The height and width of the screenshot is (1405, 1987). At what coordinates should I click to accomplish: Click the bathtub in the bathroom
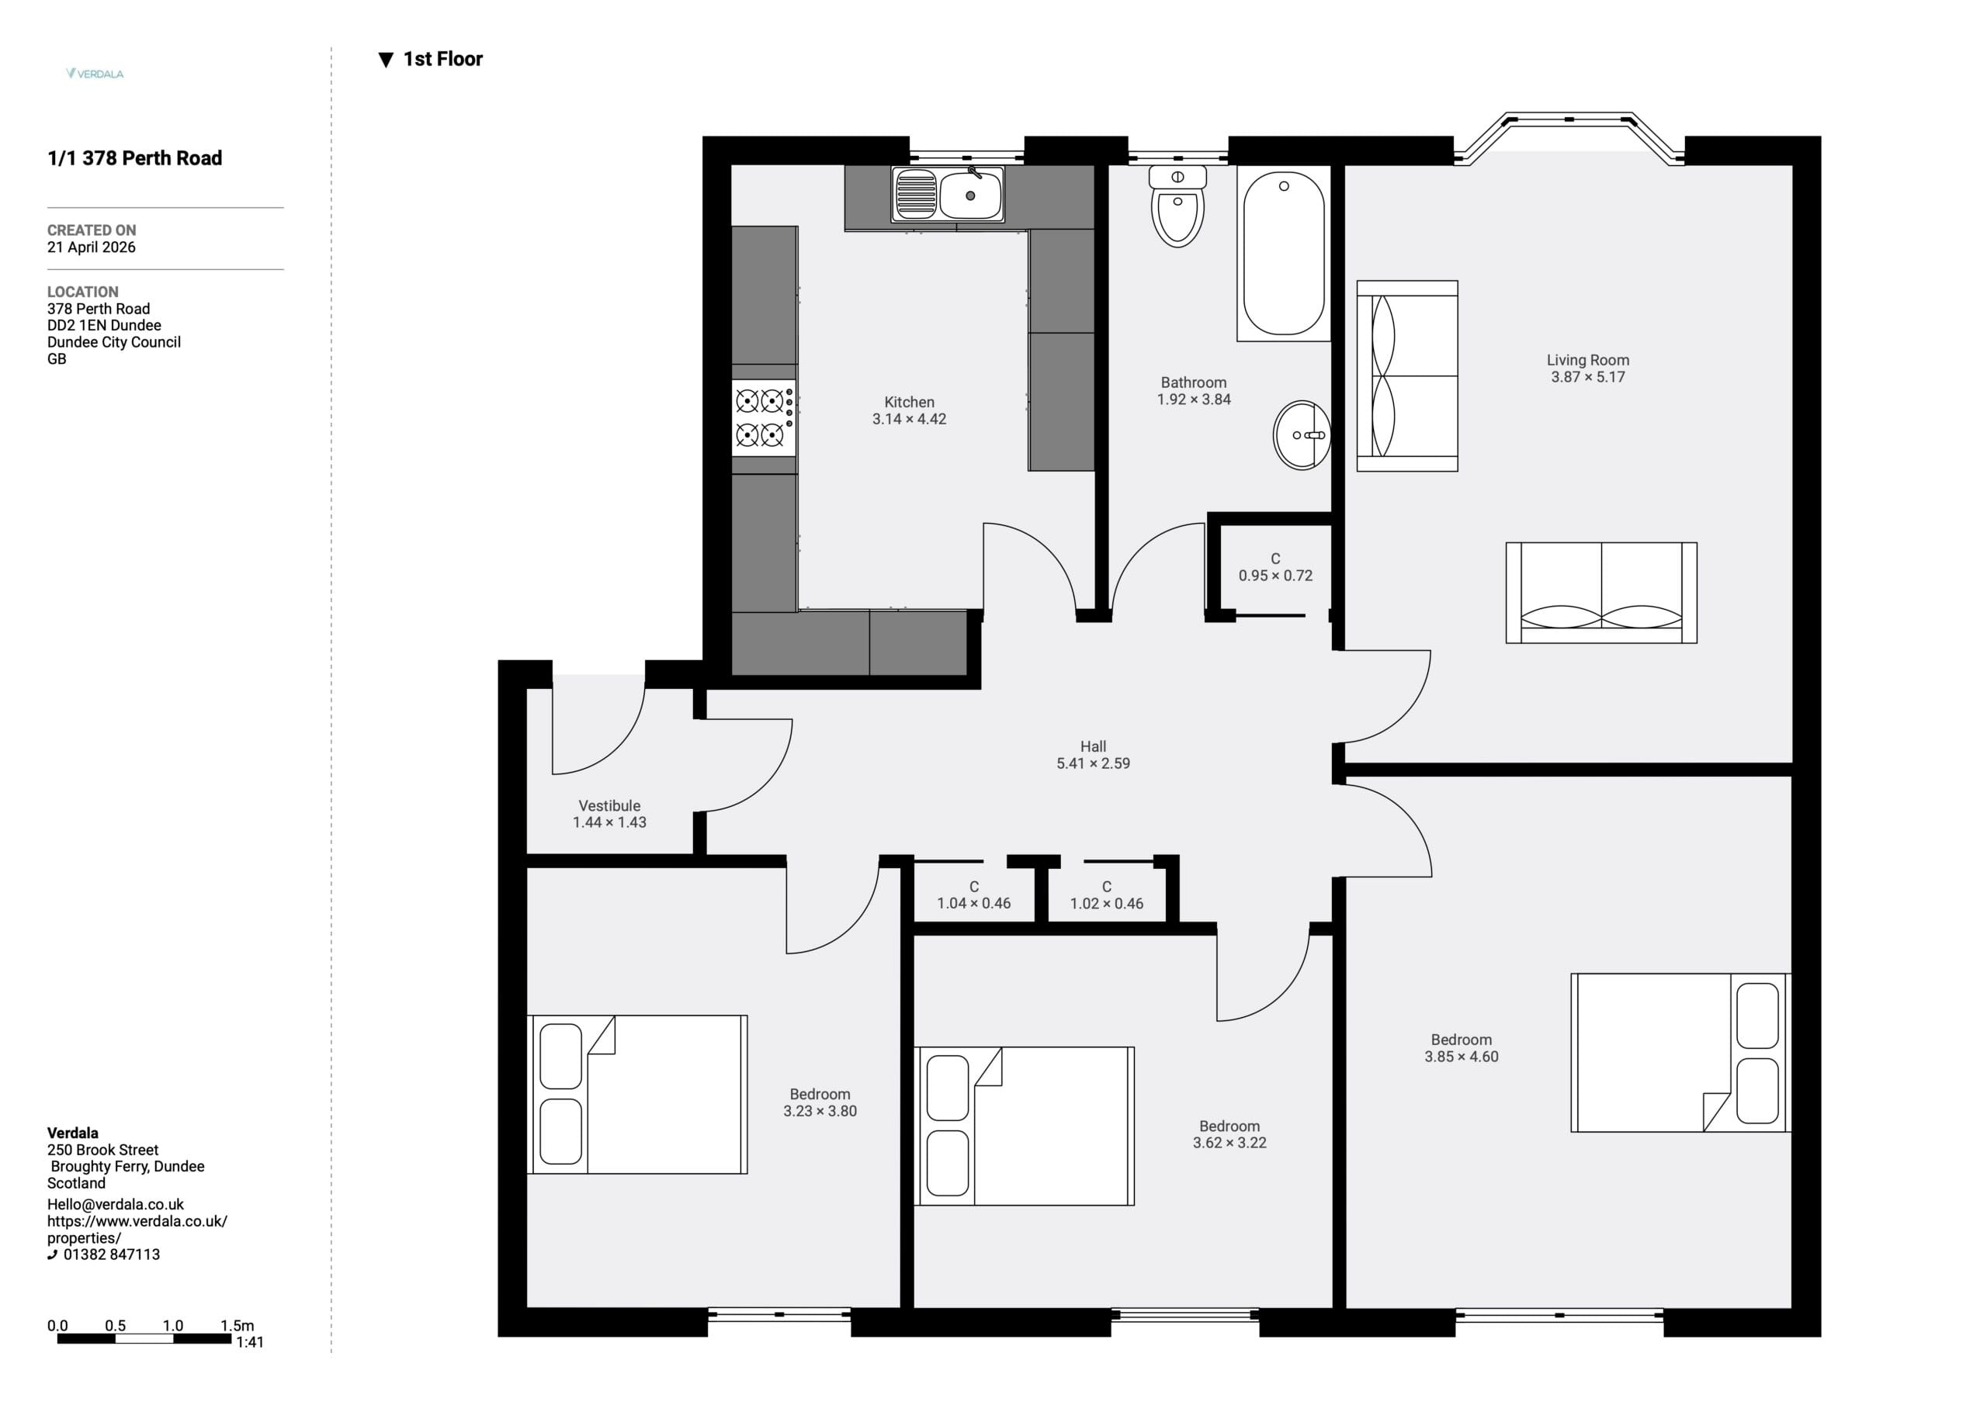point(1284,254)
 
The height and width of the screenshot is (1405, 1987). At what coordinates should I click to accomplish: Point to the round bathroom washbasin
point(1302,435)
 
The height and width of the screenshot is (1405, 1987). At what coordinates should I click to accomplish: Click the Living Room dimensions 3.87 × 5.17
point(1588,377)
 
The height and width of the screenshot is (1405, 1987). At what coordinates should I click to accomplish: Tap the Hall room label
point(1093,746)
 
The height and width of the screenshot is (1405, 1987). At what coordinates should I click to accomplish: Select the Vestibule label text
point(609,805)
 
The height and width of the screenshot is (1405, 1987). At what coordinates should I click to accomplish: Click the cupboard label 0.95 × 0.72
point(1275,576)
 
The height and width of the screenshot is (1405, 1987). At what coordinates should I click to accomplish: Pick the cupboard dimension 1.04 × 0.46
point(973,903)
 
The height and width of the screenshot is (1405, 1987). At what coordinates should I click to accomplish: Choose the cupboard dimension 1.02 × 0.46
point(1107,903)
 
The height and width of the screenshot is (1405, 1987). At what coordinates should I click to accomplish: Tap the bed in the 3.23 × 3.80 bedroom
point(637,1095)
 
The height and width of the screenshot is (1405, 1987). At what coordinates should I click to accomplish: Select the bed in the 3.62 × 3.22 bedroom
point(1024,1126)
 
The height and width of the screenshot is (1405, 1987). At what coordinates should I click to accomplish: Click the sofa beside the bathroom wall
point(1407,375)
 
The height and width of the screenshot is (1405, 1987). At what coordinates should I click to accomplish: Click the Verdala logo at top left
point(95,74)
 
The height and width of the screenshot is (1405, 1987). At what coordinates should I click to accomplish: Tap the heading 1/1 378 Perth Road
point(135,157)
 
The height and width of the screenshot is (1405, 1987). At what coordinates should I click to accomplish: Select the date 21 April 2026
point(91,247)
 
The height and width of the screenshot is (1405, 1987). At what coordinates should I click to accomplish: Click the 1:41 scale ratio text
point(250,1342)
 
